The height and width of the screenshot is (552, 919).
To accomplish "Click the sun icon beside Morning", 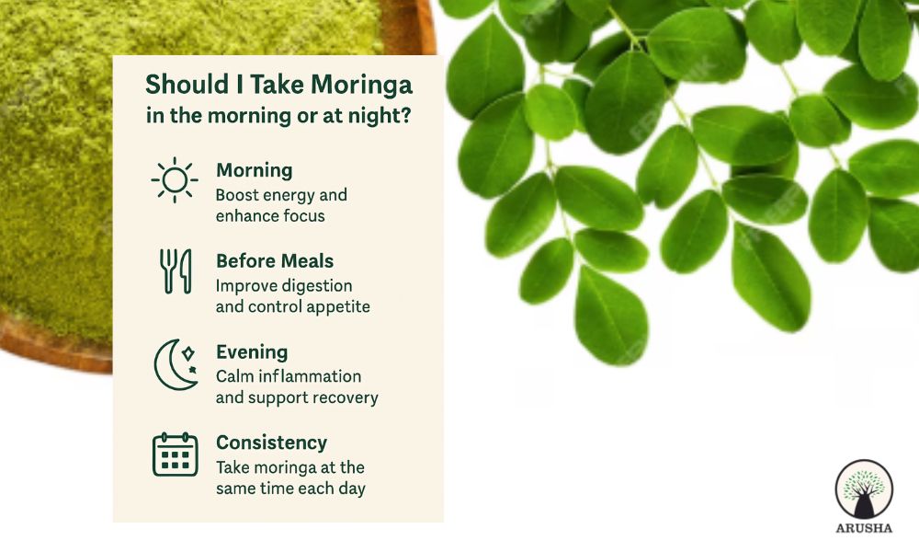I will (174, 179).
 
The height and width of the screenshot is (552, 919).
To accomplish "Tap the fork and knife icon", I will (174, 271).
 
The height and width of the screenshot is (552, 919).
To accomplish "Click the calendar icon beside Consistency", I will (175, 454).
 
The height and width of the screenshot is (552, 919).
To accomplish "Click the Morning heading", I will (254, 170).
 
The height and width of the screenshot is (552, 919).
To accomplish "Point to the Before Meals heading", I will (275, 260).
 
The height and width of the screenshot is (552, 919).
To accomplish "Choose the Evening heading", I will (251, 351).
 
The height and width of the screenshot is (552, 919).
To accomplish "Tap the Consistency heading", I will (271, 443).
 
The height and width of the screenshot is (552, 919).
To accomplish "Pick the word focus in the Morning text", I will (305, 216).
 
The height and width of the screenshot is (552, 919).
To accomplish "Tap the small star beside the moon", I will (187, 352).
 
